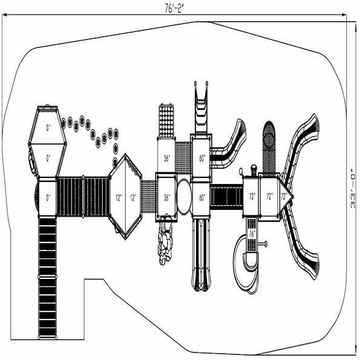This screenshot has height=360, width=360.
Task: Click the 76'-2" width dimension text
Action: click(x=174, y=8)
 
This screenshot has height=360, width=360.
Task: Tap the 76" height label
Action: click(x=252, y=234)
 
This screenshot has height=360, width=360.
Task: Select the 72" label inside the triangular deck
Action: click(x=284, y=196)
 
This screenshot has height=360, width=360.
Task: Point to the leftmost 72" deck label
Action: click(x=252, y=196)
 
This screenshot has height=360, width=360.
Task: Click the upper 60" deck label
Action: click(x=202, y=158)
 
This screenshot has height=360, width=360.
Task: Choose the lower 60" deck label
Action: click(x=202, y=198)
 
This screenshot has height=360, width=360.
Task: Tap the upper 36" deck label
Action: click(x=167, y=158)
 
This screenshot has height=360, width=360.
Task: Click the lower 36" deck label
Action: click(x=167, y=198)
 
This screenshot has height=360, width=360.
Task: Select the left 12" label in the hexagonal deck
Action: click(x=119, y=198)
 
